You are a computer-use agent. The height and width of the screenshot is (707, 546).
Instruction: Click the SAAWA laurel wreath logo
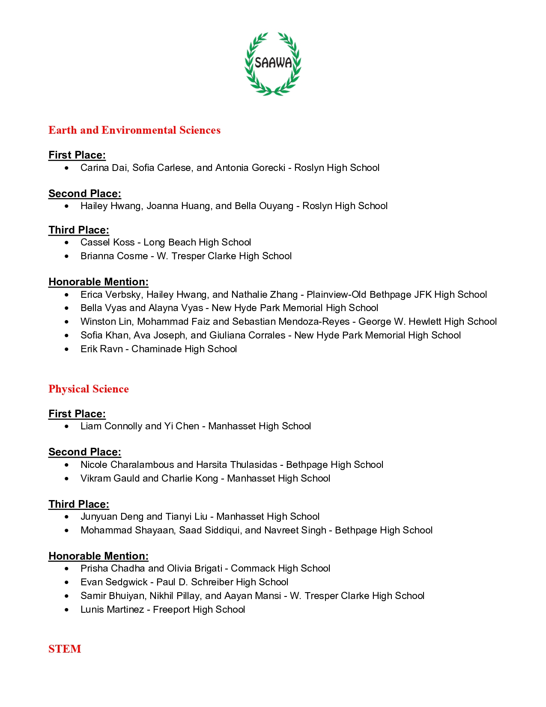pos(273,63)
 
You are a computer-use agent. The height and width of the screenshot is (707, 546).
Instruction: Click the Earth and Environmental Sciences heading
pos(134,130)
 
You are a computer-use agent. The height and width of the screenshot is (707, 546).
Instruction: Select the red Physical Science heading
pos(89,389)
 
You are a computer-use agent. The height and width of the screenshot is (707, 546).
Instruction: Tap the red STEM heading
pos(65,649)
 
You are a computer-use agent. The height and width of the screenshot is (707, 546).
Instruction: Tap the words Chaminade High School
pos(184,349)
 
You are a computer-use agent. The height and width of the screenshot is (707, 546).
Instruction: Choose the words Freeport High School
pos(199,610)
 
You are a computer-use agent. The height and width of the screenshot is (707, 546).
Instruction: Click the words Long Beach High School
pos(197,243)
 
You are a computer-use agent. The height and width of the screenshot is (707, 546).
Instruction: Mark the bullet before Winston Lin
pos(67,322)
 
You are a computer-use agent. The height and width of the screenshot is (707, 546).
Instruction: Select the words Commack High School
pos(280,569)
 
